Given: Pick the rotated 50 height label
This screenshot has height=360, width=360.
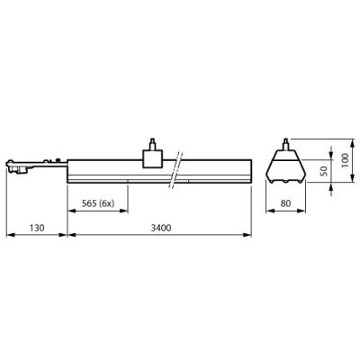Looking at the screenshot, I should (326, 170).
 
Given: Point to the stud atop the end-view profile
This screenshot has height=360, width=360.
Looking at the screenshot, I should (288, 142).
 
